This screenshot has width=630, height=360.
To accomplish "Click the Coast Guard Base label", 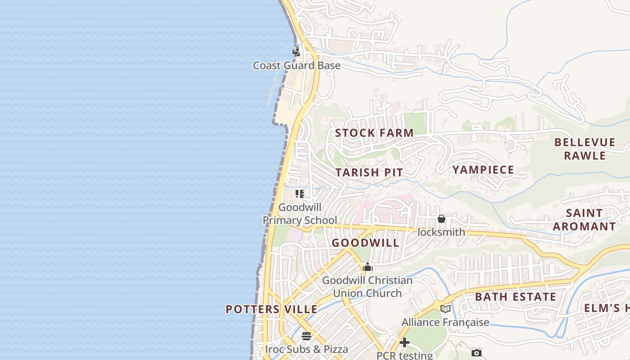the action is (x=297, y=66).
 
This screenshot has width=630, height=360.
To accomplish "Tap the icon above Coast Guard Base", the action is (x=296, y=52).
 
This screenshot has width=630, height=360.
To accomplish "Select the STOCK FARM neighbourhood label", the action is (x=374, y=133).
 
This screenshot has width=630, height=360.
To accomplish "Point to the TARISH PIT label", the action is (x=369, y=172).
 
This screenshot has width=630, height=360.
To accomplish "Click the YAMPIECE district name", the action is (x=483, y=170).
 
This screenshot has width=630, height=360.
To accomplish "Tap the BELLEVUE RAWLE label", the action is (x=585, y=149).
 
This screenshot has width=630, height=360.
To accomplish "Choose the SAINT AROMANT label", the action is (x=584, y=220).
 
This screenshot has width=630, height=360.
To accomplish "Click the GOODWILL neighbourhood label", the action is (x=365, y=243).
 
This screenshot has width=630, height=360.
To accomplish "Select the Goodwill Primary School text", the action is (x=300, y=214).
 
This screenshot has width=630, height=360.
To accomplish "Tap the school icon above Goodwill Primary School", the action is (x=300, y=194).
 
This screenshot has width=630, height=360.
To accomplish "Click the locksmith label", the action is (x=441, y=232).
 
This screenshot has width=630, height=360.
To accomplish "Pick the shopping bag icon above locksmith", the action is (x=441, y=219).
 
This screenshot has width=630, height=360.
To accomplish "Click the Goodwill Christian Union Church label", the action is (x=367, y=287).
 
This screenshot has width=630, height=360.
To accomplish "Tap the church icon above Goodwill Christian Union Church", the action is (x=368, y=267).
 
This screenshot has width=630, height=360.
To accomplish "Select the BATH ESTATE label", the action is (x=516, y=297).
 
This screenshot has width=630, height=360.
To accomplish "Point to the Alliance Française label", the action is (x=445, y=322).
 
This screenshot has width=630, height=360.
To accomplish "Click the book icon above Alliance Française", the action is (x=445, y=309).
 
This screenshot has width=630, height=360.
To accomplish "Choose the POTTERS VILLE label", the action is (x=271, y=309).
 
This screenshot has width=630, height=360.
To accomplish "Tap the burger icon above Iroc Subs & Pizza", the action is (x=306, y=336).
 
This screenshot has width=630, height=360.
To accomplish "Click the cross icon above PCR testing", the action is (x=405, y=342).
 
